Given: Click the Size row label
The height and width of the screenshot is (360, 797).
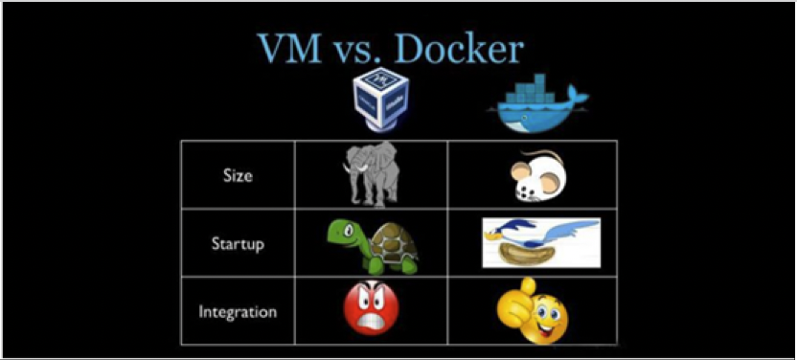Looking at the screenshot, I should click(x=238, y=176).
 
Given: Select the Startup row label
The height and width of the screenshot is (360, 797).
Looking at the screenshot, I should click(x=238, y=243).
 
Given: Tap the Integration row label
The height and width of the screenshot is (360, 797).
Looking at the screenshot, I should click(x=238, y=312).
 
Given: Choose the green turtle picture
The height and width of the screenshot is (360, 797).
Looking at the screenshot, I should click(x=371, y=245).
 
